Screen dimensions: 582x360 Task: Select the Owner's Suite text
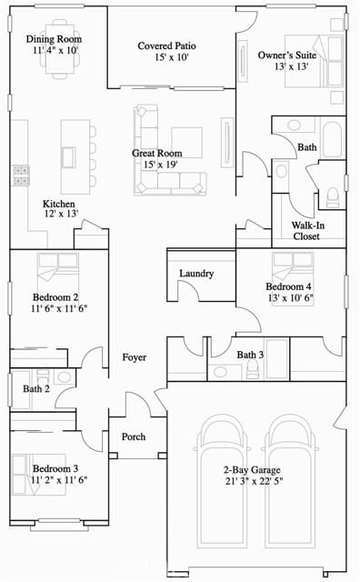pos(285,55)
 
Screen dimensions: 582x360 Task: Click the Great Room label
pos(156,153)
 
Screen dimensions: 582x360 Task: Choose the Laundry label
pos(196,273)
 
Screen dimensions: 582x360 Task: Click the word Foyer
pos(135,357)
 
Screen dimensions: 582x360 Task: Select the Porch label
pos(134,437)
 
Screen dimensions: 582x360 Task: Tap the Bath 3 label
pos(250,355)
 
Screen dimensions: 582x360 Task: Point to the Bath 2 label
pos(36,389)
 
